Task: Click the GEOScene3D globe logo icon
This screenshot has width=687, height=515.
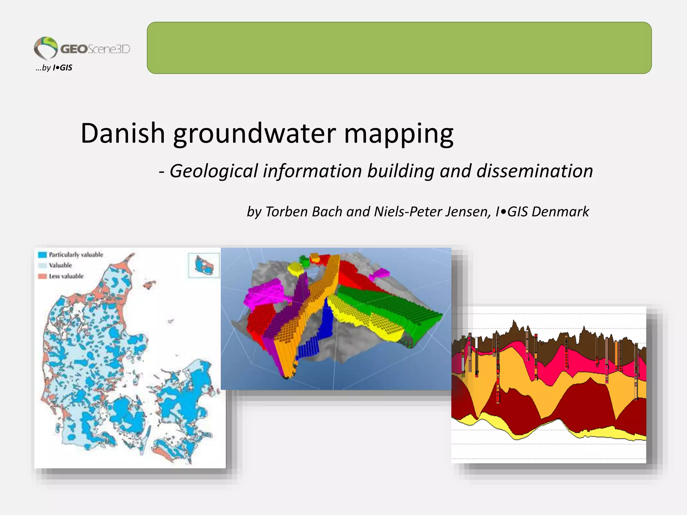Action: click(46, 48)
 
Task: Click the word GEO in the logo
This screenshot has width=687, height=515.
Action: click(74, 49)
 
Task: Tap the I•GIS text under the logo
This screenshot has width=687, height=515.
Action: click(62, 68)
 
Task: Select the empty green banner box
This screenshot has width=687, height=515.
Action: click(399, 48)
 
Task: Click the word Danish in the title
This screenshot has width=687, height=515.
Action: click(123, 133)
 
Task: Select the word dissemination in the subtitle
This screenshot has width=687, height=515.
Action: click(535, 171)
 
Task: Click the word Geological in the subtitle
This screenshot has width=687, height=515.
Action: click(214, 171)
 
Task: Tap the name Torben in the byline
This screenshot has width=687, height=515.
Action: click(287, 212)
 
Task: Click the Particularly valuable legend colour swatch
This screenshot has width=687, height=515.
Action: click(42, 255)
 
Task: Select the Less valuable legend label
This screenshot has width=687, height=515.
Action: click(66, 276)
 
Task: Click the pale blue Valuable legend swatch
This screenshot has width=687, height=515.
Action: click(42, 266)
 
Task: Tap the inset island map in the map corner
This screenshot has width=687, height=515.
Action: click(204, 265)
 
